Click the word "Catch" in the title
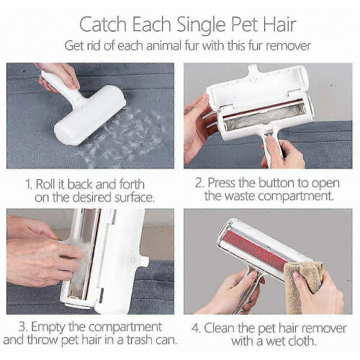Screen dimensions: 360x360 [x=103, y=24]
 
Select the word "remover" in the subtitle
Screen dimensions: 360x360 [x=289, y=45]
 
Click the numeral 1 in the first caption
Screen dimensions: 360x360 [x=28, y=184]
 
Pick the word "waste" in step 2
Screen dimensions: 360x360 [x=241, y=196]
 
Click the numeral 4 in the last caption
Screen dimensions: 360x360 [x=196, y=328]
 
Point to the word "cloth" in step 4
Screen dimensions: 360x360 [x=301, y=341]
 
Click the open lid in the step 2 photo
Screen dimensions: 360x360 [x=258, y=86]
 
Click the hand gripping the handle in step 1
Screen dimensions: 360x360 [x=59, y=77]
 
